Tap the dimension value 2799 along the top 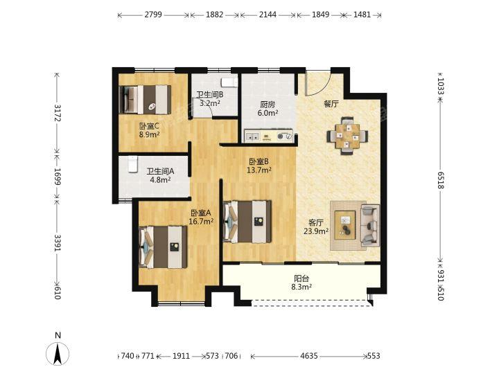pos(153,15)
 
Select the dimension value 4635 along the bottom pos(309,356)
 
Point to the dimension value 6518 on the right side pos(440,180)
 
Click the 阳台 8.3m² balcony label pos(301,283)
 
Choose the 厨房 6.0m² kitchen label pos(268,109)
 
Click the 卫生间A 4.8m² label pos(160,175)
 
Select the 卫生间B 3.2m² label pos(210,99)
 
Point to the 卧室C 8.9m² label pos(149,130)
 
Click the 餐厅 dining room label pos(331,104)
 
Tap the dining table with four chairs pos(347,136)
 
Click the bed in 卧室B pos(247,222)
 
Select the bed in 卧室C pos(145,100)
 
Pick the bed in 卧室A pos(163,247)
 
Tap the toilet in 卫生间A pos(132,164)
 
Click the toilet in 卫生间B pos(229,82)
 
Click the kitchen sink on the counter pos(252,136)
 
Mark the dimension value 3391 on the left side pos(58,243)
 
